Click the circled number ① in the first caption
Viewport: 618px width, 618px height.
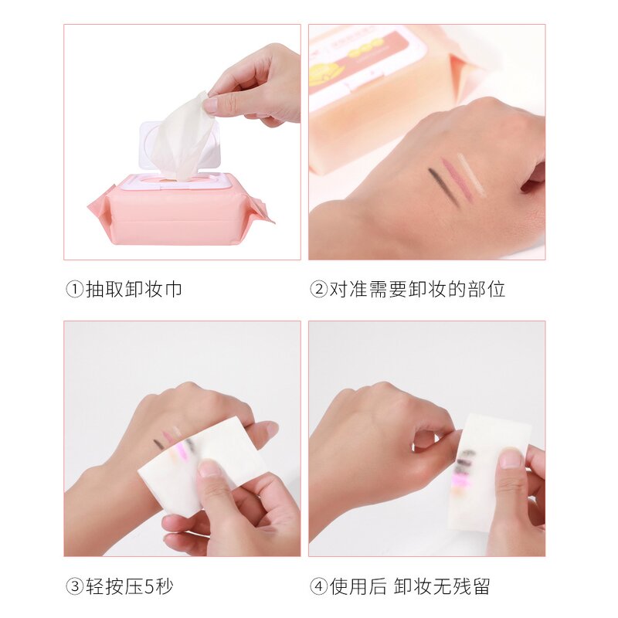(x=74, y=290)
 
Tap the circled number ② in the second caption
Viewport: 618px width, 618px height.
(x=318, y=290)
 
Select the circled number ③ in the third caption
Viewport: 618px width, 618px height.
(x=74, y=586)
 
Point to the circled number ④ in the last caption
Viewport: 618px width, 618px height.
(x=318, y=586)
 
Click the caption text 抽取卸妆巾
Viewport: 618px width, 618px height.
(x=134, y=290)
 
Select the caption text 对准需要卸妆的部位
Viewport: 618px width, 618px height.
(x=418, y=290)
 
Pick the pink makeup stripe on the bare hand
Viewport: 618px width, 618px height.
(x=457, y=179)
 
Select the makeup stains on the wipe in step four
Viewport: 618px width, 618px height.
(x=463, y=467)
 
